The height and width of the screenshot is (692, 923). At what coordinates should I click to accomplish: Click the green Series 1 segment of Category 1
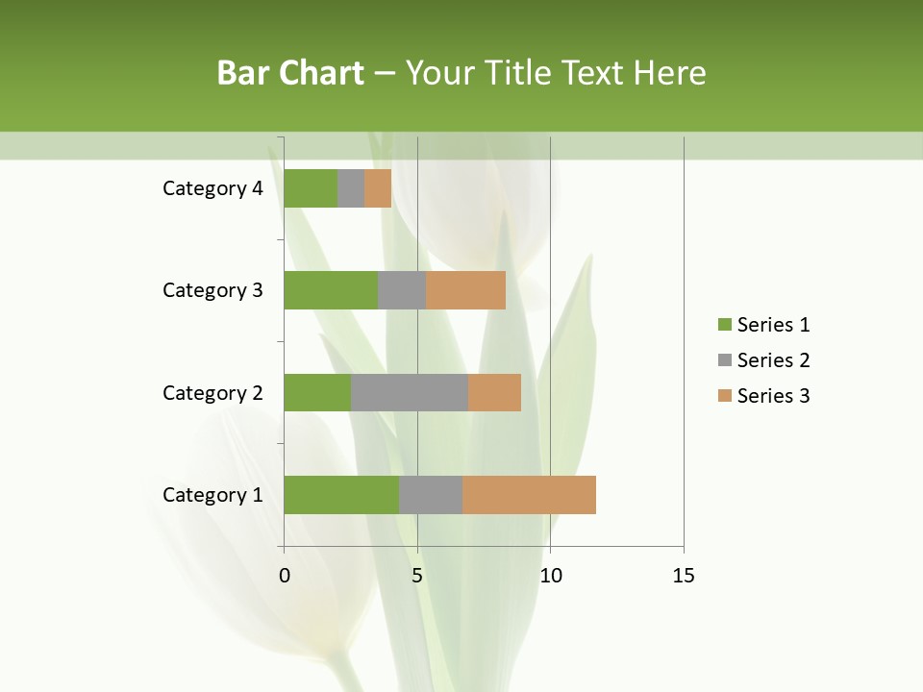tap(341, 495)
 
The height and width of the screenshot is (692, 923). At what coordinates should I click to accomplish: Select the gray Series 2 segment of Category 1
tap(431, 495)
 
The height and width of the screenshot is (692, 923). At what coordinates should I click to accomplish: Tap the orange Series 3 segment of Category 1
tap(529, 495)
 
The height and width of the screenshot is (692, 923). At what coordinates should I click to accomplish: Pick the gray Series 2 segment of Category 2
tap(410, 392)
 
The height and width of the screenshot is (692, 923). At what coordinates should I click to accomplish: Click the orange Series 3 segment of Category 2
tap(494, 392)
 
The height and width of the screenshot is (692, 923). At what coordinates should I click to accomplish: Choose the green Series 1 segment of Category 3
tap(331, 290)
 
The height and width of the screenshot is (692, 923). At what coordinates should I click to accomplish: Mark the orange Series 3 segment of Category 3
tap(465, 290)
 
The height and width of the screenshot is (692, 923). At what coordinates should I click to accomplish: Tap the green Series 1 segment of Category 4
tap(311, 188)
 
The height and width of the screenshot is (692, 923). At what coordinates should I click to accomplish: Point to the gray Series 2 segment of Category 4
tap(351, 188)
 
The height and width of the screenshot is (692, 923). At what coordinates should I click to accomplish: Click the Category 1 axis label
tap(212, 495)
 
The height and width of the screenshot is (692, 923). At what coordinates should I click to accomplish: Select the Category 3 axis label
tap(212, 290)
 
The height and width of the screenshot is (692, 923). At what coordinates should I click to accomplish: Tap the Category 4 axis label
tap(212, 188)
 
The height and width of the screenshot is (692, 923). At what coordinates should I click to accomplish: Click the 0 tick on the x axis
tap(285, 576)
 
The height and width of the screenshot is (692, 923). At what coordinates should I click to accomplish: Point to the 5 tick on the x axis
tap(417, 576)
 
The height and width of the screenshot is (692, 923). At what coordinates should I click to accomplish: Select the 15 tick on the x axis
tap(683, 576)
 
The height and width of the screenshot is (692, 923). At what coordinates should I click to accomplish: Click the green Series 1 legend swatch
tap(724, 325)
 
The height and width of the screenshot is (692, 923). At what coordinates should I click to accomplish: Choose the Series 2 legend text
tap(774, 360)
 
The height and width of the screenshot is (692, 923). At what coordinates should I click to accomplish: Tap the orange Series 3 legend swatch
tap(724, 396)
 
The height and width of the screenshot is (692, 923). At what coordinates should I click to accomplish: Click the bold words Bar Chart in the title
tap(290, 73)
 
